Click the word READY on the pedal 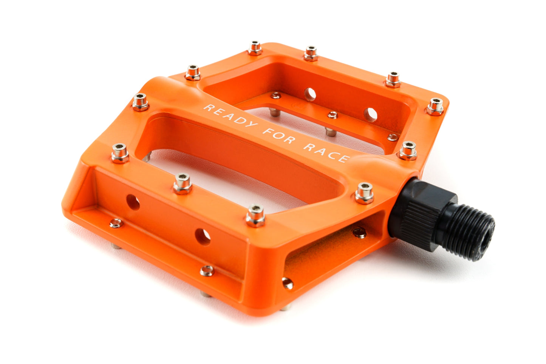point(228,116)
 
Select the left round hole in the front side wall point(133,202)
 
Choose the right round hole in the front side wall point(203,236)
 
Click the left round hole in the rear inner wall point(310,94)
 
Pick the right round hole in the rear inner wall point(370,114)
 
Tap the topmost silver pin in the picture point(255,48)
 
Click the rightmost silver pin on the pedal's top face point(435,106)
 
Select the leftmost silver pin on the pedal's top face point(120,153)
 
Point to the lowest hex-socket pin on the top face point(255,215)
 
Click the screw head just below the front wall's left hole point(116,224)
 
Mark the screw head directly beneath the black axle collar point(359,232)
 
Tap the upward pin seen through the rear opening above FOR point(329,132)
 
